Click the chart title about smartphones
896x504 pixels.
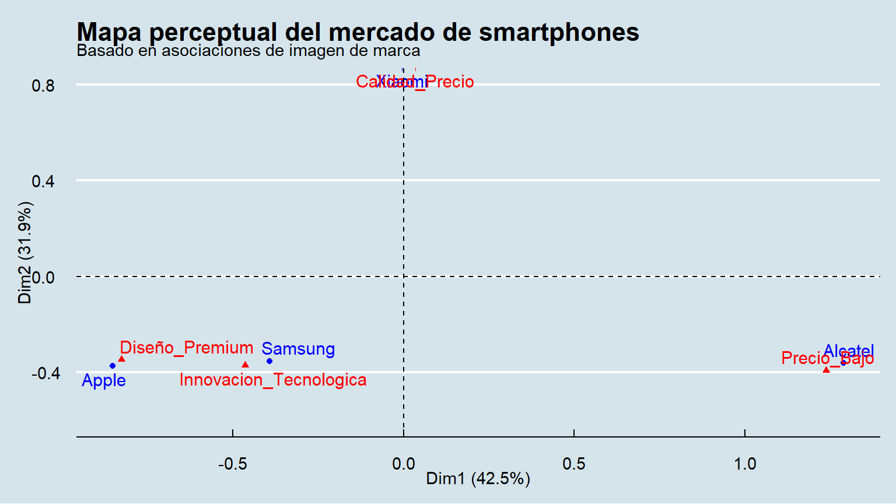[358, 32]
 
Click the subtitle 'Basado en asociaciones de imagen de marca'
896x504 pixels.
[248, 51]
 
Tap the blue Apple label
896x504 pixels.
[104, 380]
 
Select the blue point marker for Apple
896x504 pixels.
[113, 366]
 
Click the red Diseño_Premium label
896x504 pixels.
[187, 348]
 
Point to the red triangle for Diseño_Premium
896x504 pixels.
[121, 359]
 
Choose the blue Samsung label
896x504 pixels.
[298, 349]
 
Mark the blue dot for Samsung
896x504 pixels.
[269, 361]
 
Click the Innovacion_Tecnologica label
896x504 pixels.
[273, 380]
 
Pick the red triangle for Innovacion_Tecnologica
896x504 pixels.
[245, 365]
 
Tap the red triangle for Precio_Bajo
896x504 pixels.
[826, 370]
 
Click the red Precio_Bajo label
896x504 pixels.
[827, 358]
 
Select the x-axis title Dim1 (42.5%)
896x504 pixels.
[478, 479]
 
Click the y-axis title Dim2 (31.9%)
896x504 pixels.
[25, 253]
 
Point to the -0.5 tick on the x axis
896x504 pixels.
[232, 464]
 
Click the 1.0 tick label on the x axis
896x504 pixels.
[744, 464]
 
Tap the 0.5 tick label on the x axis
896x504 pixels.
[574, 464]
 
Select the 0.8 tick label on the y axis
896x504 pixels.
[43, 86]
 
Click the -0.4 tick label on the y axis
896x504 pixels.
[45, 373]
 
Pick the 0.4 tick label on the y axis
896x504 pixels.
[43, 181]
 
